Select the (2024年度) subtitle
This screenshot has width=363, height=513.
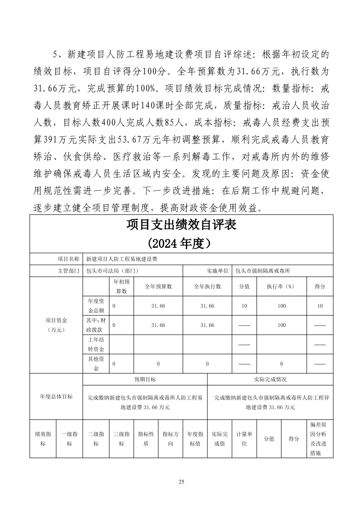(x=181, y=242)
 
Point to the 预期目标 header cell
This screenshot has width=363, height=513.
(x=145, y=379)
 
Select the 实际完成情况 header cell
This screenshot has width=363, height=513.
(x=270, y=379)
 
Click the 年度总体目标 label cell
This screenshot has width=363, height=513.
(x=56, y=396)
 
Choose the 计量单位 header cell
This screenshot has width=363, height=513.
(x=244, y=439)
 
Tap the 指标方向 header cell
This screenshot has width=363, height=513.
(x=170, y=439)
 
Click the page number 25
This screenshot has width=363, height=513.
(x=181, y=481)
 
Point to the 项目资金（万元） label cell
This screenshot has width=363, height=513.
(x=56, y=325)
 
